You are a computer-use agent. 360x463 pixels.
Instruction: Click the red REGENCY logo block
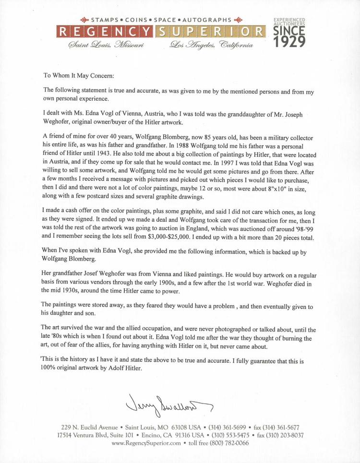point(105,32)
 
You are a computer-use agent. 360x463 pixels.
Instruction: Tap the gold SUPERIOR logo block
point(210,32)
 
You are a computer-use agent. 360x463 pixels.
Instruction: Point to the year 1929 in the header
point(289,42)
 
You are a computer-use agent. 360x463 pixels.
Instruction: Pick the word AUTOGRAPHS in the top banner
point(207,20)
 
